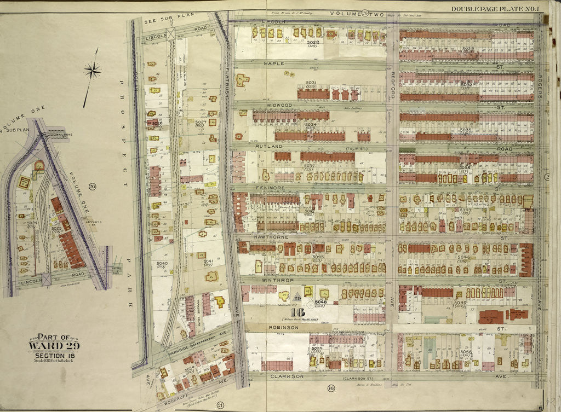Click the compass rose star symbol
point(93,69)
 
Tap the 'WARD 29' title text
point(54,345)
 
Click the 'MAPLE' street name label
point(274,64)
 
